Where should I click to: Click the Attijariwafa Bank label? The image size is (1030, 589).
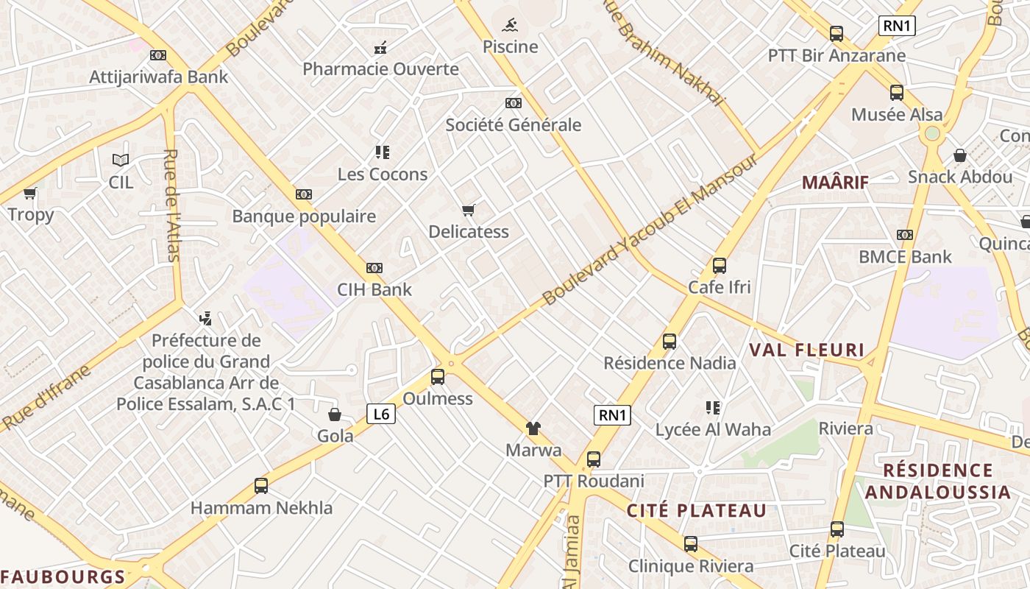[158, 77]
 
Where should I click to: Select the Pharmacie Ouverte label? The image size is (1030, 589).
[380, 69]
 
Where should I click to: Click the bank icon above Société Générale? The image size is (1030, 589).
[513, 103]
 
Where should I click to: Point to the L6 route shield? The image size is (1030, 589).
[381, 414]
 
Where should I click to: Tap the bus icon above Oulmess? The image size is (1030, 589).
[438, 377]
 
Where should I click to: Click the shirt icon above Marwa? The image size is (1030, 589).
[533, 428]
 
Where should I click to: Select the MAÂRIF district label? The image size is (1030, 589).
[835, 183]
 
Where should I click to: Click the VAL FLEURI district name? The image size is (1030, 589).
[806, 350]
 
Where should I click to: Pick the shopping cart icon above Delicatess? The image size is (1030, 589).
[469, 211]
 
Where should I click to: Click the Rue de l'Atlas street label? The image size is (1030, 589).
[171, 205]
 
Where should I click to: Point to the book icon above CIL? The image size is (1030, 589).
[121, 160]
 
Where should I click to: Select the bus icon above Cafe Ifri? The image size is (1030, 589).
[720, 266]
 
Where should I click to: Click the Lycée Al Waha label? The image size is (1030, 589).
[713, 430]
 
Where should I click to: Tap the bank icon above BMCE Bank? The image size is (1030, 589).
[905, 235]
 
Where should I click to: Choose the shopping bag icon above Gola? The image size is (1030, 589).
[335, 415]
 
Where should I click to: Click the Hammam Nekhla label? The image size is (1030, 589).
[261, 508]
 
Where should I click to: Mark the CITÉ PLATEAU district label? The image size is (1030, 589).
[696, 510]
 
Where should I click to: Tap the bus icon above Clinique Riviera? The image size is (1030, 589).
[690, 544]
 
